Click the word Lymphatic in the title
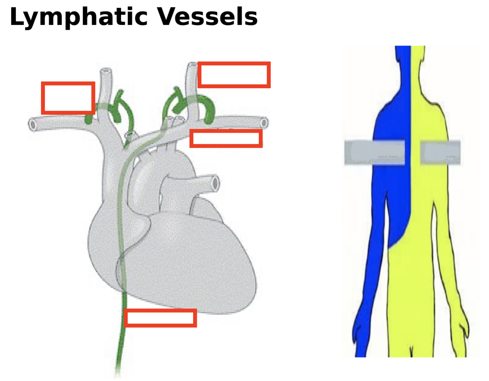click(77, 17)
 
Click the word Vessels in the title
click(207, 17)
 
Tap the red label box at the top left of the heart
click(68, 98)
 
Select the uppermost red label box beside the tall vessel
click(234, 75)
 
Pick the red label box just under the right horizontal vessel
click(226, 139)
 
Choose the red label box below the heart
click(160, 318)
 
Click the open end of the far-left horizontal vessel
click(32, 125)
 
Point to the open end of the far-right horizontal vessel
click(264, 123)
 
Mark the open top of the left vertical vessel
click(106, 71)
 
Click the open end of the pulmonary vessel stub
click(215, 183)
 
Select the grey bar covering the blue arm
click(374, 152)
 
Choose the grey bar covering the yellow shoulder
click(440, 152)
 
